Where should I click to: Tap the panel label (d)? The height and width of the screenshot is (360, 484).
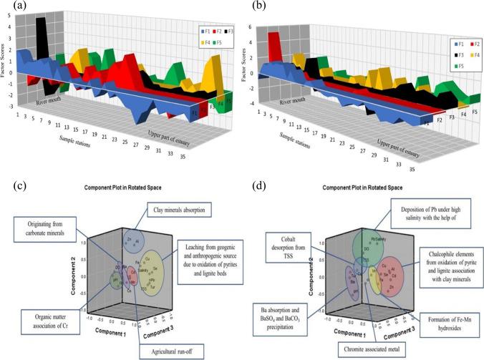pyautogui.click(x=252, y=189)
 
